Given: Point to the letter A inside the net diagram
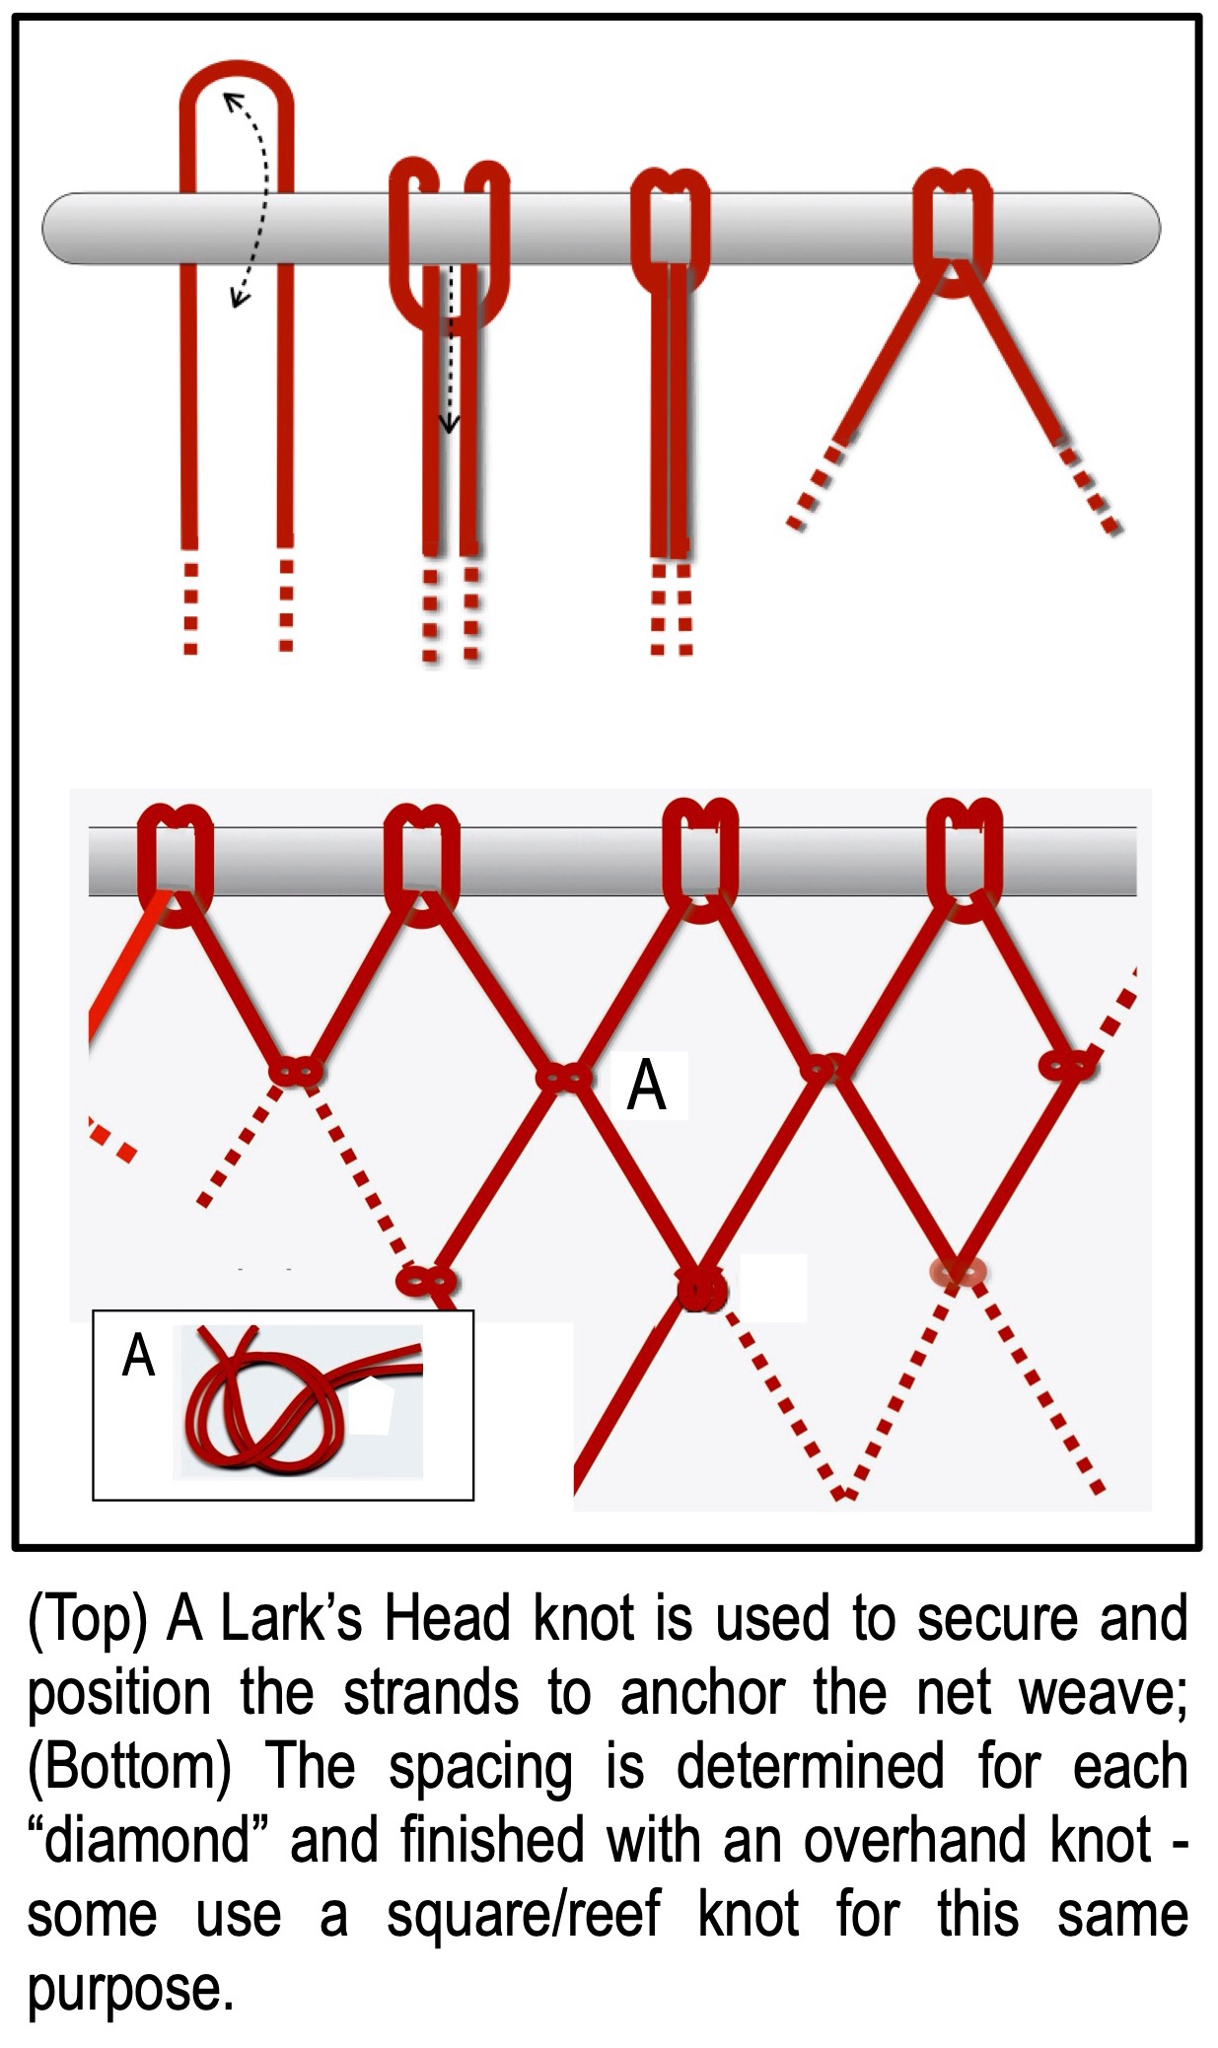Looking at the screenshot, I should coord(647,1086).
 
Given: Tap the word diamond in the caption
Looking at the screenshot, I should coord(158,1840).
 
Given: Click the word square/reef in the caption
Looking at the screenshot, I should coord(523,1914).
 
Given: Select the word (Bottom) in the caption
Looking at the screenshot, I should coord(128,1766).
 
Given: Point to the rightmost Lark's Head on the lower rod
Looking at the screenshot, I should coord(966,858).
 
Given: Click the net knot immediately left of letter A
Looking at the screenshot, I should coord(564,1077).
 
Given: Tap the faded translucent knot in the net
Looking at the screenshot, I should coord(958,1272).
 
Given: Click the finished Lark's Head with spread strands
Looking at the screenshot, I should coord(952,232).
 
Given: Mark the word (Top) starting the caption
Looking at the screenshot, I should coord(88,1620).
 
